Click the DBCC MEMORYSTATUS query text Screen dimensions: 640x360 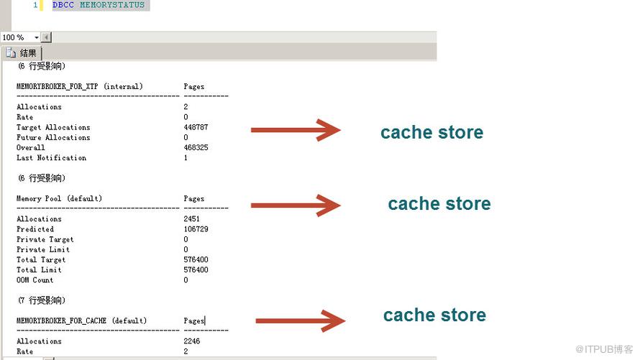[99, 5]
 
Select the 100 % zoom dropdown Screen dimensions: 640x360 [20, 37]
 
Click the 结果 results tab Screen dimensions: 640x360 [22, 53]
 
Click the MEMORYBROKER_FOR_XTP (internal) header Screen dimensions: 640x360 [80, 86]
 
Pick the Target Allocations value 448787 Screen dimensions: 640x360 [196, 127]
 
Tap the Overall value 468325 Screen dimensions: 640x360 [196, 147]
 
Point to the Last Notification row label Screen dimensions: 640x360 [52, 158]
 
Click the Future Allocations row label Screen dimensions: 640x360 [53, 137]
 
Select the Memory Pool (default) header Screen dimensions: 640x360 [59, 198]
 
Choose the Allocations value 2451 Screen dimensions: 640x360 [192, 219]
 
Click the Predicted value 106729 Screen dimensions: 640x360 [196, 229]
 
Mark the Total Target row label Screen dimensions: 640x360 [41, 259]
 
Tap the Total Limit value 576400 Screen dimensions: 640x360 [196, 270]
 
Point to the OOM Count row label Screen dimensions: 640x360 [35, 280]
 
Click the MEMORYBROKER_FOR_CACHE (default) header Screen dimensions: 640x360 [82, 321]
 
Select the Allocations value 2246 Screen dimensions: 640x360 [192, 341]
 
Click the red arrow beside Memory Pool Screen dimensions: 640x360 [296, 206]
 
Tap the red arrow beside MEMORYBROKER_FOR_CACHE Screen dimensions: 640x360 [301, 321]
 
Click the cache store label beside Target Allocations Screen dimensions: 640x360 [432, 132]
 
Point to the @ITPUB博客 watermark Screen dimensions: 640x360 [604, 349]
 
